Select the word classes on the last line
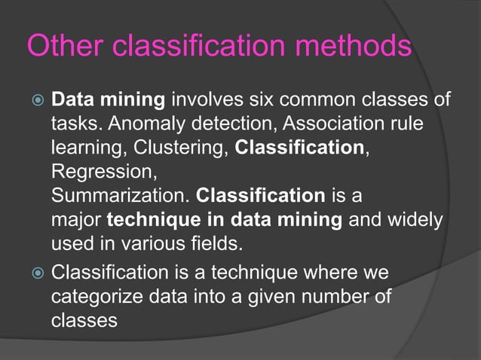point(83,319)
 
